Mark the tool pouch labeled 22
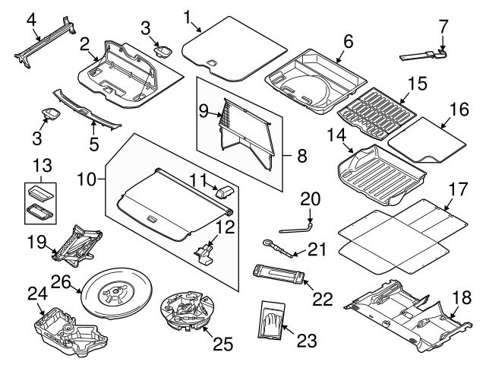282,271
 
